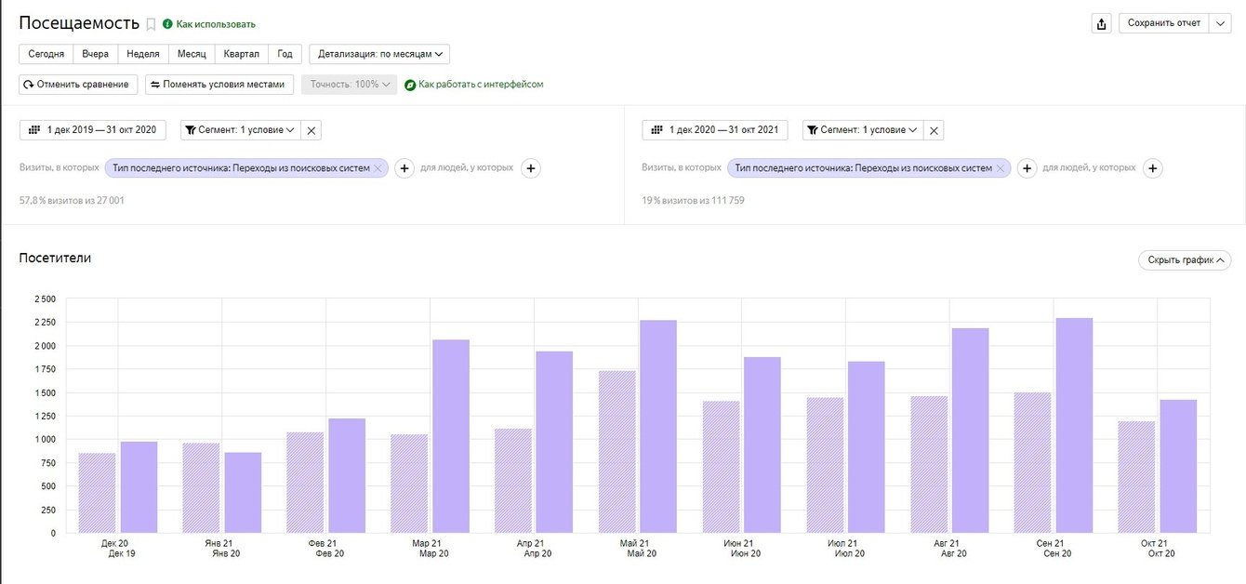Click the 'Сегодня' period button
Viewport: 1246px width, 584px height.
click(x=46, y=54)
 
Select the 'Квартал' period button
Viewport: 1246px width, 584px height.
click(x=242, y=54)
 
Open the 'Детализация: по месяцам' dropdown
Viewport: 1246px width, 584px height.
click(x=379, y=54)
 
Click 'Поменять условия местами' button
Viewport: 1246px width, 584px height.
click(x=220, y=84)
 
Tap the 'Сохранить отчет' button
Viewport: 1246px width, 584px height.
click(x=1163, y=23)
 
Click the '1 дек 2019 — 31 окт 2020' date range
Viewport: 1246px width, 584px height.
click(x=93, y=130)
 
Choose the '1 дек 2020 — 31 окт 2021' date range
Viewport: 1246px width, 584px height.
click(x=715, y=130)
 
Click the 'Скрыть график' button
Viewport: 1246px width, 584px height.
click(x=1185, y=260)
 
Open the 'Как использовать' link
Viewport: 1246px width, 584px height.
click(x=216, y=24)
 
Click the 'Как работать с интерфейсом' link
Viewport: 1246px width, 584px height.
click(x=481, y=85)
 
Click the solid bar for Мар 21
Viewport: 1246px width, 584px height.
click(x=451, y=436)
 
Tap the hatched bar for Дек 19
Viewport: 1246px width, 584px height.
click(x=97, y=493)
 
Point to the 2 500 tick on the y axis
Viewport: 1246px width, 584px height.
click(x=45, y=299)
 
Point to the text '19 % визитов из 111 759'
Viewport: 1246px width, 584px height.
click(x=693, y=201)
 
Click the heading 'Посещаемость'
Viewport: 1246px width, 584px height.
click(x=79, y=23)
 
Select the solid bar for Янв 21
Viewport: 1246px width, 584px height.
click(x=243, y=493)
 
